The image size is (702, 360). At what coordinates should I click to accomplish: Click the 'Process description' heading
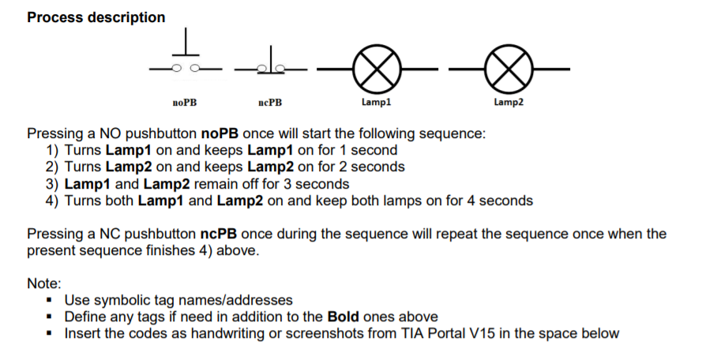[x=96, y=17]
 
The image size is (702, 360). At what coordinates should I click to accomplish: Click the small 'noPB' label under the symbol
[x=185, y=103]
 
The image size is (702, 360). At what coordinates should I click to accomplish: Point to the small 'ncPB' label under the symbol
[x=269, y=103]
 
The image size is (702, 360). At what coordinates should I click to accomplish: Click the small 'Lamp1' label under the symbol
[x=376, y=103]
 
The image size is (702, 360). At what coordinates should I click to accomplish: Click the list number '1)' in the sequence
[x=54, y=150]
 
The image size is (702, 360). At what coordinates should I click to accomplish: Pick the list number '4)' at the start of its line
[x=54, y=201]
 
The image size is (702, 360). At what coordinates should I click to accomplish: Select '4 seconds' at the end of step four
[x=501, y=201]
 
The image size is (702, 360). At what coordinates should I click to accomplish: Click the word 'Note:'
[x=44, y=283]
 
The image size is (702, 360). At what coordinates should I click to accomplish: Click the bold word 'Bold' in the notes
[x=343, y=317]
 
